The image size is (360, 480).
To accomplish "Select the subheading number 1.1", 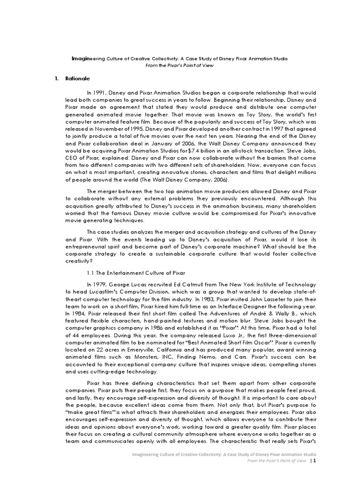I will pos(90,272).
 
